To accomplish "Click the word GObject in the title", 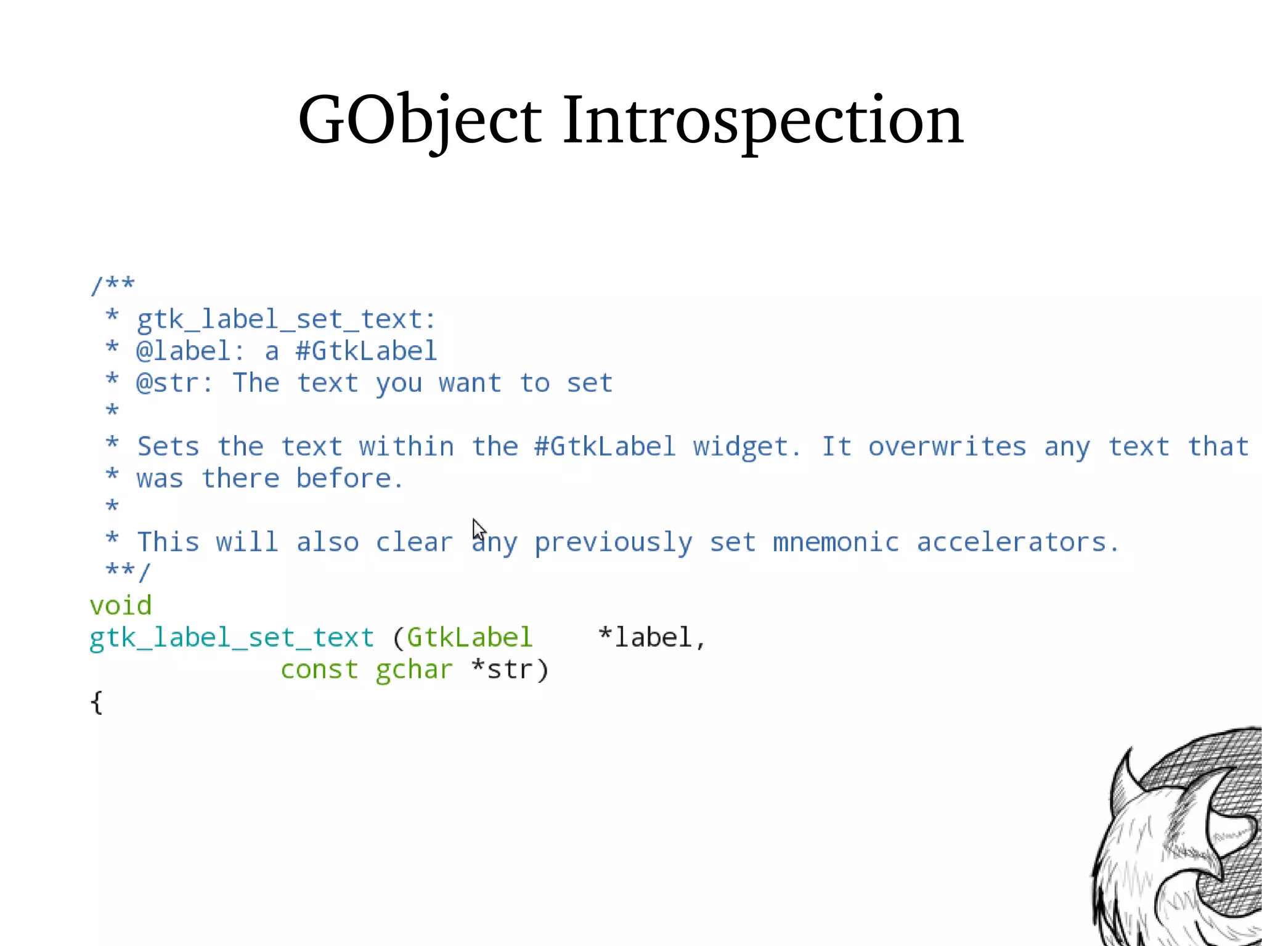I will point(419,120).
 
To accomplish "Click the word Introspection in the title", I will point(762,120).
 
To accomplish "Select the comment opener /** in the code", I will point(112,285).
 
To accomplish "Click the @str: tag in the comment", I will point(175,383).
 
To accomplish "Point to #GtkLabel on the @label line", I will point(366,351).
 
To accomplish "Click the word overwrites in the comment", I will point(947,447).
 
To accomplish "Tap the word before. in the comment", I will point(349,479).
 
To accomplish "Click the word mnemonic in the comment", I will point(836,542).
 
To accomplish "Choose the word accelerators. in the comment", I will point(1017,542).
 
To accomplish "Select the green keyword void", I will point(121,606).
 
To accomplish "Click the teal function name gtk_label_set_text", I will point(232,638).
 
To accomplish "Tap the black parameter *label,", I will point(652,638).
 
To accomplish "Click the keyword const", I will point(319,670).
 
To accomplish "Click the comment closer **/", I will point(128,571).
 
